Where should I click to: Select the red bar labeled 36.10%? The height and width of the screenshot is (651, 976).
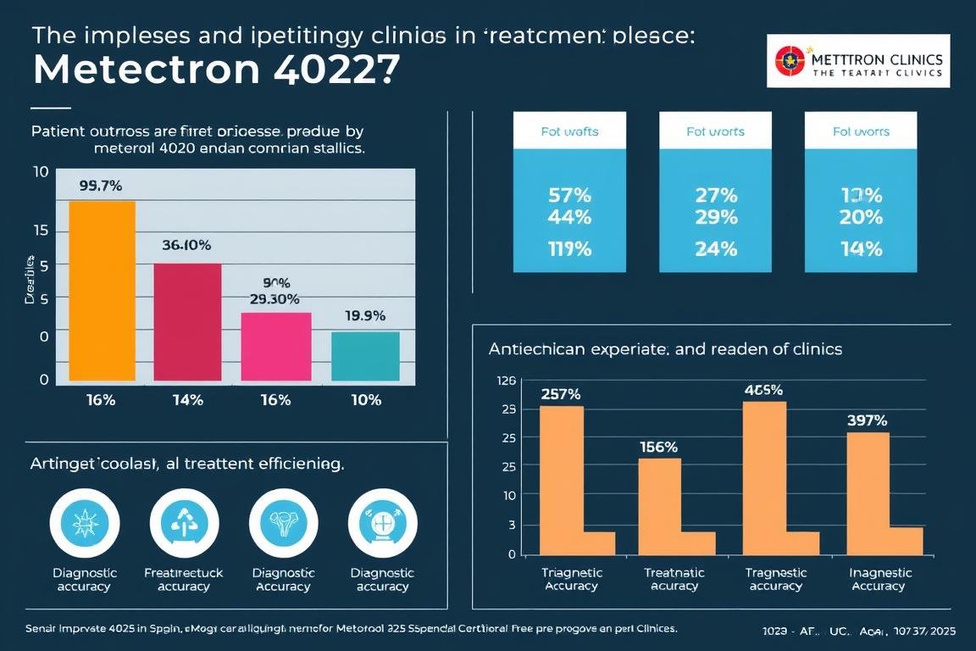(x=187, y=322)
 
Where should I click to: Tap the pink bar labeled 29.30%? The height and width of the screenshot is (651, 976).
(x=276, y=346)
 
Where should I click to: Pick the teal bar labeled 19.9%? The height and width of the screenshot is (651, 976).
(x=365, y=356)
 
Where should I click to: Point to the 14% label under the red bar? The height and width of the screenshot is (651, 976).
(x=187, y=400)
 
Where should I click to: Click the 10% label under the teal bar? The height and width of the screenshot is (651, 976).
(x=365, y=400)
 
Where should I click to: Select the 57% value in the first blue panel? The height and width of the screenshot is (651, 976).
(x=569, y=195)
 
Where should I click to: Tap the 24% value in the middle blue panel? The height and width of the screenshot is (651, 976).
(x=715, y=249)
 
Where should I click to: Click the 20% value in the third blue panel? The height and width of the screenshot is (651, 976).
(x=861, y=216)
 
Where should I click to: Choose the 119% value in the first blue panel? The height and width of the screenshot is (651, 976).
(x=569, y=249)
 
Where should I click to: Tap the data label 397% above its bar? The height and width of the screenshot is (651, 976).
(x=868, y=420)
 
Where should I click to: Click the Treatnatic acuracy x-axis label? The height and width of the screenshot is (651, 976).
(x=671, y=579)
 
